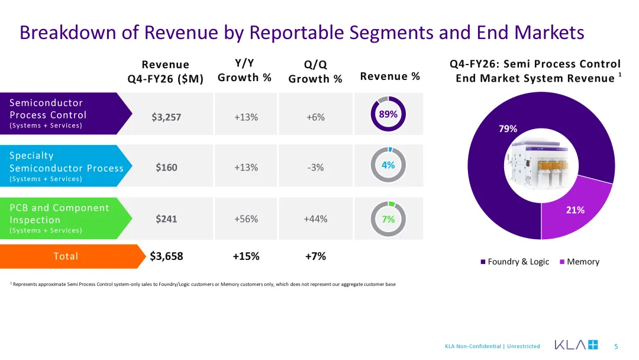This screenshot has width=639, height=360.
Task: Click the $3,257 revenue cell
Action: (x=166, y=117)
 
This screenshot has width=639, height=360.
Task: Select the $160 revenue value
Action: (x=166, y=167)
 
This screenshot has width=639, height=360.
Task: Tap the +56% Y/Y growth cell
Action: (x=246, y=219)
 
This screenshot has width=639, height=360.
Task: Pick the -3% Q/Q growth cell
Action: (x=315, y=167)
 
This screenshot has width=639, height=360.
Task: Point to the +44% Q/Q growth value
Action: (x=315, y=219)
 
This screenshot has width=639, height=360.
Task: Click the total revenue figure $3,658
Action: (x=166, y=256)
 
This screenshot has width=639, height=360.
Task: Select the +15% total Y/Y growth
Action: (x=246, y=256)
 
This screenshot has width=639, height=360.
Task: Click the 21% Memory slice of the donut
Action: (x=579, y=212)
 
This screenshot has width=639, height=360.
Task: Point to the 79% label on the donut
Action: (x=508, y=129)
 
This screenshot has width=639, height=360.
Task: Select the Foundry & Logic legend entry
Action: (x=515, y=262)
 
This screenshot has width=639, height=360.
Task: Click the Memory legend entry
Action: (x=579, y=262)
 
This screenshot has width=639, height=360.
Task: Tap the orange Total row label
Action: (x=66, y=256)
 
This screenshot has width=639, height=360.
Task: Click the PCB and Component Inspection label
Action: (x=60, y=214)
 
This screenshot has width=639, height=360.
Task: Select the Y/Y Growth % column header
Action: (x=244, y=70)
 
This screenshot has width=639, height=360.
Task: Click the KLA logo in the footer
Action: (x=576, y=345)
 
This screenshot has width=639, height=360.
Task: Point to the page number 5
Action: (x=616, y=346)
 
